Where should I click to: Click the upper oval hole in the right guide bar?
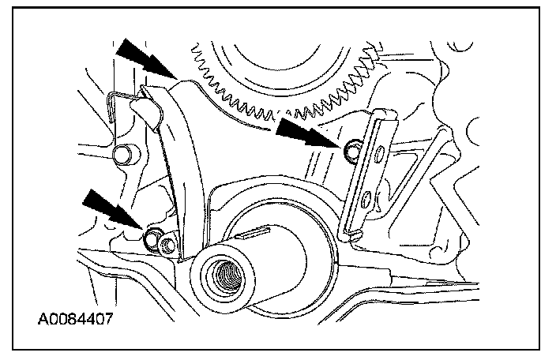pyautogui.click(x=380, y=152)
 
